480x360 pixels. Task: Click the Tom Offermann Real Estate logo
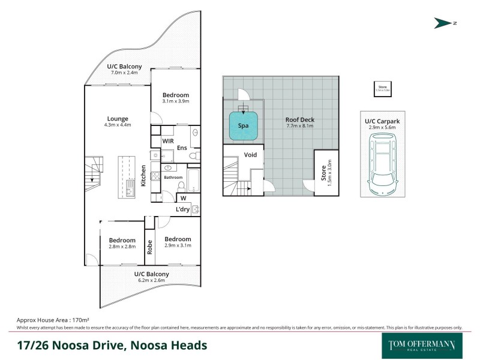tap(418, 346)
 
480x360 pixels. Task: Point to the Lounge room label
tap(117, 119)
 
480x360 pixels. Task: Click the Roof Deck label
tap(299, 120)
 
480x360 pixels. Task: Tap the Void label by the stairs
tap(250, 155)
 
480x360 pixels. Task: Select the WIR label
tap(168, 140)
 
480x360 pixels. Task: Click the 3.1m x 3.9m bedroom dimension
tap(176, 101)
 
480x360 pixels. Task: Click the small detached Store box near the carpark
tap(382, 89)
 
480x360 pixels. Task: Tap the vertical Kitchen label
tap(143, 175)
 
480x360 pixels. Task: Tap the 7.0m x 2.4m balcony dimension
tap(125, 73)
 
